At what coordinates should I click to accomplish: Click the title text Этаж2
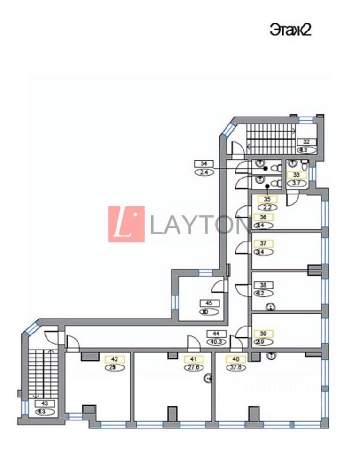291,30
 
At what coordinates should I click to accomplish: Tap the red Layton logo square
126,224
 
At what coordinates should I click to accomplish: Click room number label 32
306,141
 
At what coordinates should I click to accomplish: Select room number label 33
296,174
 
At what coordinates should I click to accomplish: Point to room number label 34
203,163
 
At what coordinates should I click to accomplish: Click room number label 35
267,199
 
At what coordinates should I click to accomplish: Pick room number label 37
263,243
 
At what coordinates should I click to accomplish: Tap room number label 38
263,285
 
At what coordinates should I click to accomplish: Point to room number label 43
45,403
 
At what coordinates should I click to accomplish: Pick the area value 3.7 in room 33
296,183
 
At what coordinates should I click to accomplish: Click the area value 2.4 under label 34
203,171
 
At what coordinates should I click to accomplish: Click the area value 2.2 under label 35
267,207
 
